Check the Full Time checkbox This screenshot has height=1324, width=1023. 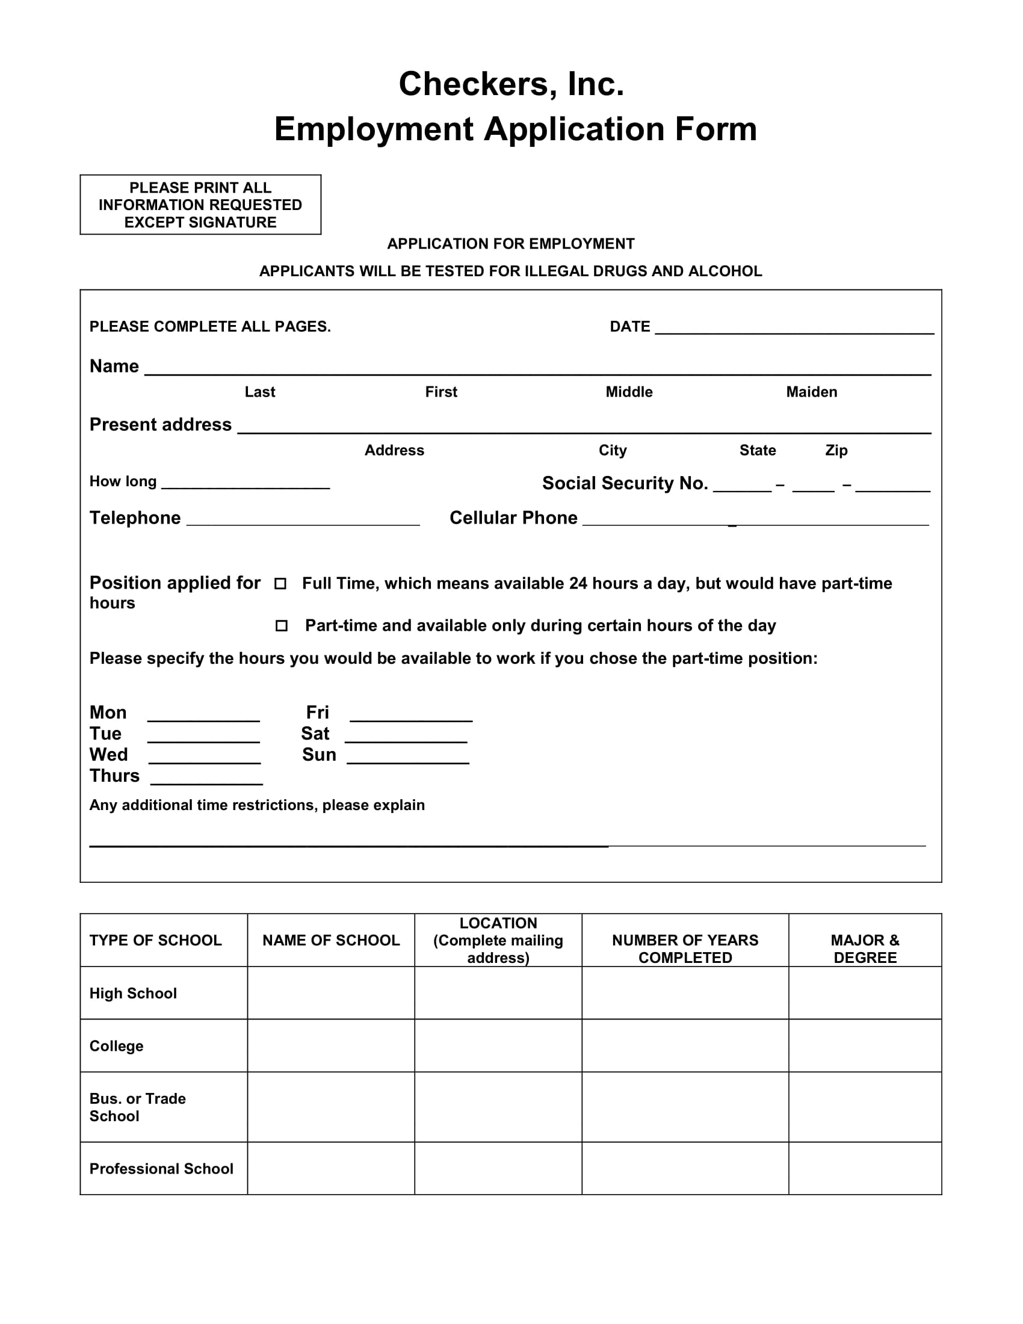(x=280, y=583)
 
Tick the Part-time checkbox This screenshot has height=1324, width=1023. (x=281, y=626)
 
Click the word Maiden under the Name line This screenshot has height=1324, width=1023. (x=811, y=392)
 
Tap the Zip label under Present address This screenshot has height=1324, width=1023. (x=836, y=450)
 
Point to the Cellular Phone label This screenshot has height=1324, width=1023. (x=513, y=518)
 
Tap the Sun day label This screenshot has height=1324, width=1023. (x=319, y=755)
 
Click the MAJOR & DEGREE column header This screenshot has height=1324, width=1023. (x=864, y=948)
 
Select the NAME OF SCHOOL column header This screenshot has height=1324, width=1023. (x=331, y=940)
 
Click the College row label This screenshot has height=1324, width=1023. (x=116, y=1047)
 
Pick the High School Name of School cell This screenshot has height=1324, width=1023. (x=331, y=994)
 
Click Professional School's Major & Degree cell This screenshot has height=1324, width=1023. (x=864, y=1169)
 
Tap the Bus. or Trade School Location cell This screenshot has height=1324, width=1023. (x=498, y=1107)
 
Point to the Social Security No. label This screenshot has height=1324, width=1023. (x=625, y=483)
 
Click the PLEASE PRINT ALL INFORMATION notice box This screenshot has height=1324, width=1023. (x=200, y=205)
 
